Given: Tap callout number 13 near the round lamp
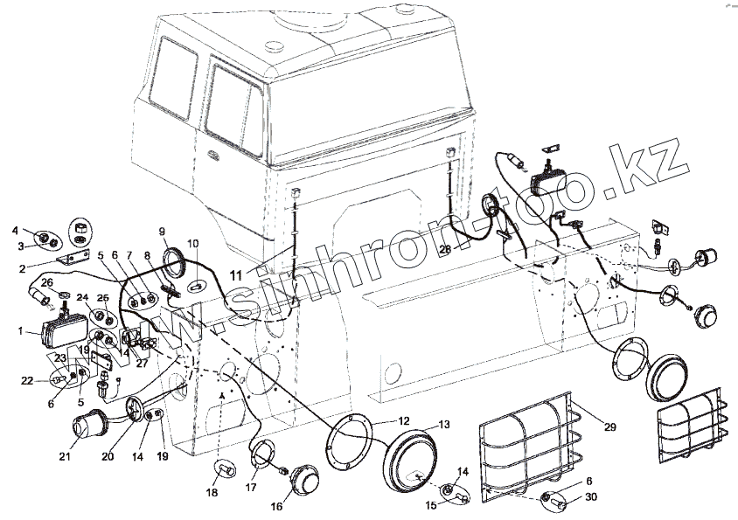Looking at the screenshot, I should (444, 425).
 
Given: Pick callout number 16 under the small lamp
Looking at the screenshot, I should (277, 505).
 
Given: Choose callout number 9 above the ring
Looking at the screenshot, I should (162, 231).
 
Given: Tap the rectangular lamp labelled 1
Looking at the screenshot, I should (63, 332).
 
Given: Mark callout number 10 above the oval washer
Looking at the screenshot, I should (193, 243).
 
